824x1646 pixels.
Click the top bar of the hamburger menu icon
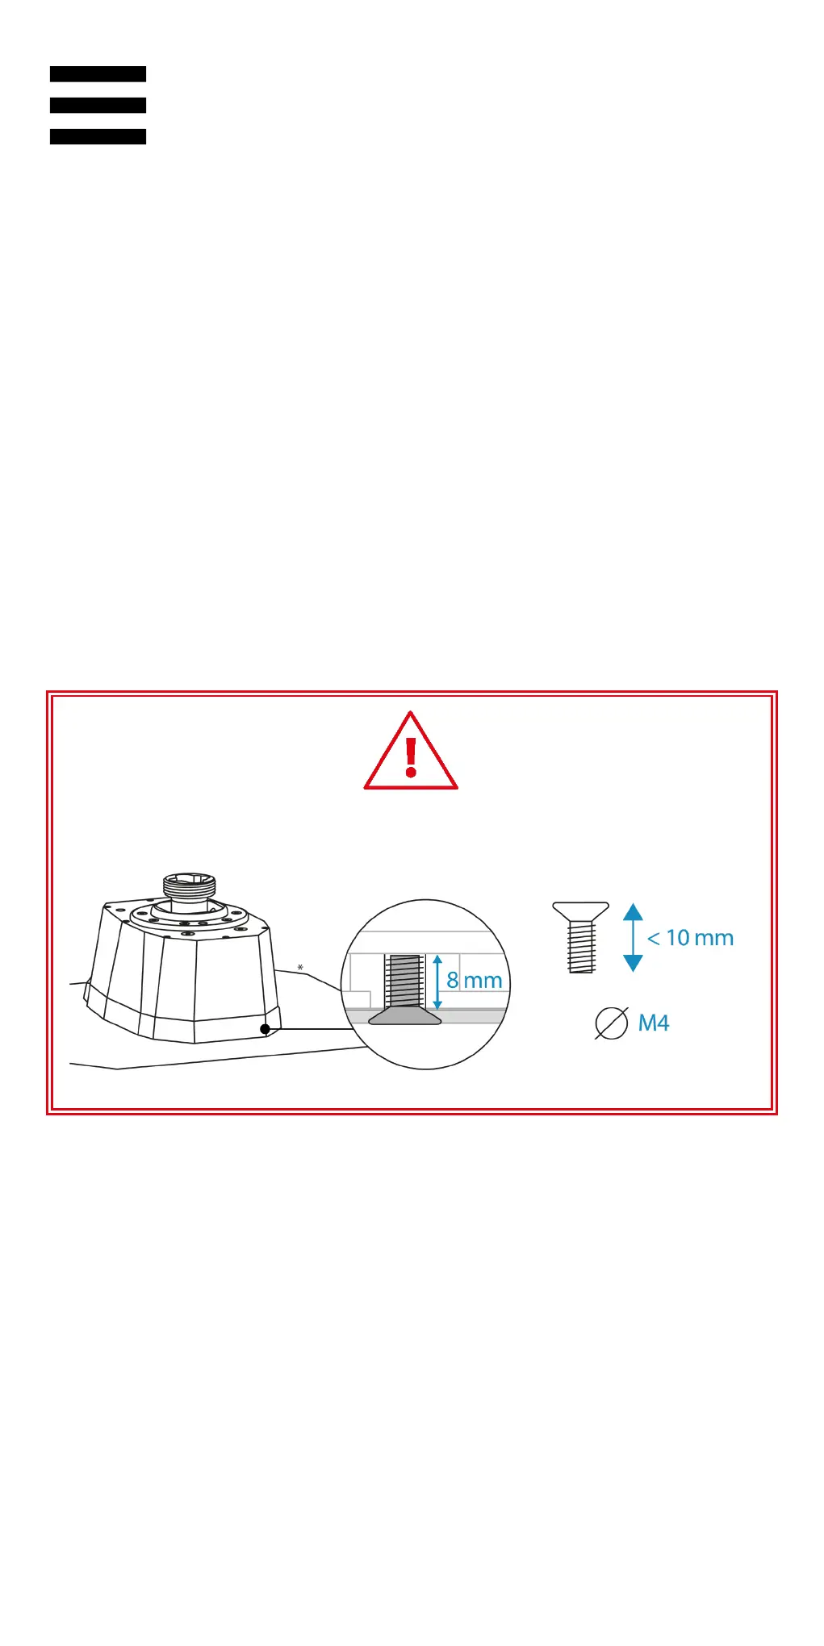click(x=98, y=74)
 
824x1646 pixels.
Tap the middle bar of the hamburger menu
click(x=98, y=106)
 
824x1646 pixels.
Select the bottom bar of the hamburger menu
click(x=98, y=137)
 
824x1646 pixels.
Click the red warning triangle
click(x=411, y=754)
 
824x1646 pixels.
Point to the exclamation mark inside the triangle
click(x=411, y=756)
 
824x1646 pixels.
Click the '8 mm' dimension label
click(x=475, y=980)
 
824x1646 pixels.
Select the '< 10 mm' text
click(x=690, y=938)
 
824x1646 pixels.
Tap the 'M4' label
click(x=654, y=1023)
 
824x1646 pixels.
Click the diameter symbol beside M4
click(x=611, y=1023)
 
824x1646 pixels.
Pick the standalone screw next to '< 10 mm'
click(x=581, y=938)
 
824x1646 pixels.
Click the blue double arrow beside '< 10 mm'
click(x=634, y=938)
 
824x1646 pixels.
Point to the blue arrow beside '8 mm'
click(x=437, y=981)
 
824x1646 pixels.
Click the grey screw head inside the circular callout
click(x=405, y=1016)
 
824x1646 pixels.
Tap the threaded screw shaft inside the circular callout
click(x=405, y=981)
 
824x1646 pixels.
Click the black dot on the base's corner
click(x=265, y=1029)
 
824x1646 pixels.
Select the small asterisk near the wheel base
click(x=300, y=968)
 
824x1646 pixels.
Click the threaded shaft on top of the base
click(x=190, y=886)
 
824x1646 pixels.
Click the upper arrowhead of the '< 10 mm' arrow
click(x=634, y=912)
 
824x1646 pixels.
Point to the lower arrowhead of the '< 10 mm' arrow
click(x=634, y=963)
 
